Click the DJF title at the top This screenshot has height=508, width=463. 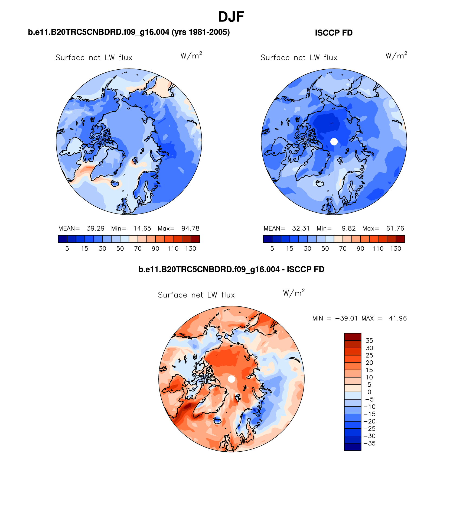[x=231, y=17]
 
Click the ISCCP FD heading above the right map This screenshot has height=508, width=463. [x=334, y=33]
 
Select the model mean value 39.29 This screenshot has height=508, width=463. [x=95, y=228]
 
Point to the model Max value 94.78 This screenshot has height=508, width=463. [x=190, y=228]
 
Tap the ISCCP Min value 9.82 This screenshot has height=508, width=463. [x=348, y=228]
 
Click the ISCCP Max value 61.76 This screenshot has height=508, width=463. [x=395, y=228]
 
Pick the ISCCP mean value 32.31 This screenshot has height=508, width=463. [x=301, y=228]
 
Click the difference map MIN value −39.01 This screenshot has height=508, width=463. [x=346, y=318]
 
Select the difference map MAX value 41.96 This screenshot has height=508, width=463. [x=398, y=318]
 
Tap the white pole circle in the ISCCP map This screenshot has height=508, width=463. [x=334, y=141]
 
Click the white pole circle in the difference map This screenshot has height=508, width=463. [x=231, y=379]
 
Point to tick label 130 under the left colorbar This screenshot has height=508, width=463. [x=191, y=249]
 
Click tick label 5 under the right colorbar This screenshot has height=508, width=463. [x=272, y=249]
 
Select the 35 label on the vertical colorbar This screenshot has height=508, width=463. [x=369, y=341]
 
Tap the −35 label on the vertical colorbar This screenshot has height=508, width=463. [x=370, y=444]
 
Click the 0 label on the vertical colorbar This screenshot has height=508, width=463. [x=369, y=392]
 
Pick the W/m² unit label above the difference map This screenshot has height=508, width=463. [x=294, y=293]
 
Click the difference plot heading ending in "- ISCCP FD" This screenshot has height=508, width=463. [x=231, y=270]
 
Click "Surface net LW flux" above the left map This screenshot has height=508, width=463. [x=94, y=58]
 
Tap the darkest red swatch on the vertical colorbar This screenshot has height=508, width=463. [x=353, y=337]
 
